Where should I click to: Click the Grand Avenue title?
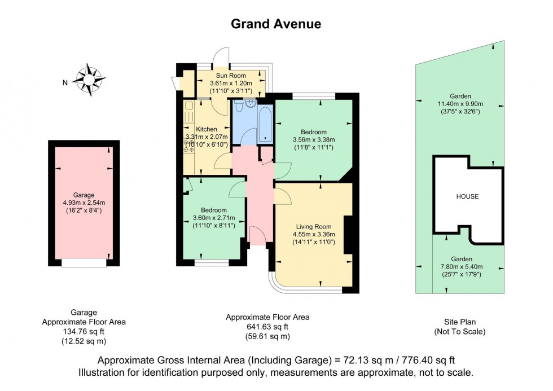[276, 24]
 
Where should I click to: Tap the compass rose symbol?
[89, 78]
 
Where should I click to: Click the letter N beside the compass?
[65, 83]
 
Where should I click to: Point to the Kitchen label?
[206, 129]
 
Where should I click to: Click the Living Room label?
[314, 227]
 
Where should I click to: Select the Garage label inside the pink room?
[84, 195]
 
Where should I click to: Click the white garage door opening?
[84, 262]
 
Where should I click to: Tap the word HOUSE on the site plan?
[467, 197]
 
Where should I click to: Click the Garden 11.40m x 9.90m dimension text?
[460, 104]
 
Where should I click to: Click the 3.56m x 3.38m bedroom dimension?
[314, 140]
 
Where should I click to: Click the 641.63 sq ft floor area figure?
[267, 326]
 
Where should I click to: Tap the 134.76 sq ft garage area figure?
[84, 331]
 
